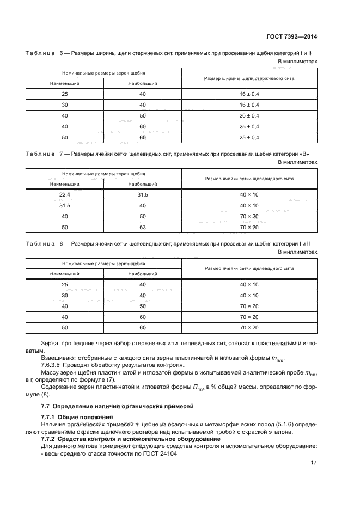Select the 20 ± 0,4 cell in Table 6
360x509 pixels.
[x=249, y=116]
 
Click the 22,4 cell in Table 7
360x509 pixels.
[x=65, y=194]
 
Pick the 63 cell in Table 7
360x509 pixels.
[x=143, y=227]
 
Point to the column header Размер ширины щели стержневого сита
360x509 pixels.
[x=249, y=78]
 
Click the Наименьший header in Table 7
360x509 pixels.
[x=65, y=184]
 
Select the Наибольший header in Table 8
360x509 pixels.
[x=143, y=274]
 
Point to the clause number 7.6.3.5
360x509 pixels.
[x=53, y=366]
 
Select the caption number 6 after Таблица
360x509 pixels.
[x=61, y=53]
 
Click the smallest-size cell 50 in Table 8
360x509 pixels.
[x=65, y=327]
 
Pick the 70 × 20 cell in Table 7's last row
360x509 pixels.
[x=249, y=227]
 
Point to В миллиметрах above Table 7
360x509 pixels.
[x=297, y=162]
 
